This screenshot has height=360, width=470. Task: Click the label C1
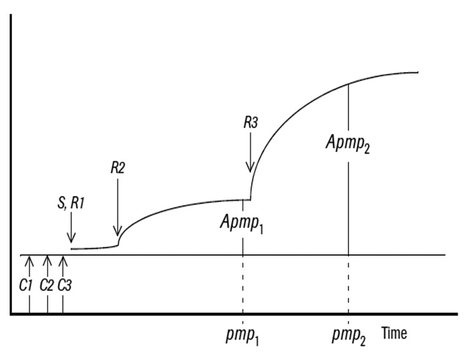pos(26,285)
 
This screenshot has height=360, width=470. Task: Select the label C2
pos(46,285)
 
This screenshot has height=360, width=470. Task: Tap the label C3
pos(65,285)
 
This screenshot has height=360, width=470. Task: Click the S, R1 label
pos(71,203)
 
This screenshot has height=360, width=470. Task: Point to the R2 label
pos(117,168)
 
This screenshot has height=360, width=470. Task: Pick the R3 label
pos(250,123)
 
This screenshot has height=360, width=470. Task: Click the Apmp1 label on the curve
pos(242,223)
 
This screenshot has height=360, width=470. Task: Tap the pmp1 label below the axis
pos(242,336)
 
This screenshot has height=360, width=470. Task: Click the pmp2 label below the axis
pos(349,336)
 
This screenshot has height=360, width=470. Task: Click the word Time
pos(394,333)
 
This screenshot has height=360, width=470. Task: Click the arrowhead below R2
pos(117,231)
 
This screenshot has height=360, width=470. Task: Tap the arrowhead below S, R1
pos(71,237)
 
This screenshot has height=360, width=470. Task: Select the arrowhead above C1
pos(29,262)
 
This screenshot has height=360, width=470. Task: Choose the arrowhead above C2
pos(47,262)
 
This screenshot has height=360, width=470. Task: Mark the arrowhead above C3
pos(62,262)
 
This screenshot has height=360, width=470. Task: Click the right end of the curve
pos(418,72)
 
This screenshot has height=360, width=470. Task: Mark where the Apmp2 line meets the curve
pos(348,84)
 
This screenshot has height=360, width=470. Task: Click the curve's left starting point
pos(71,249)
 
